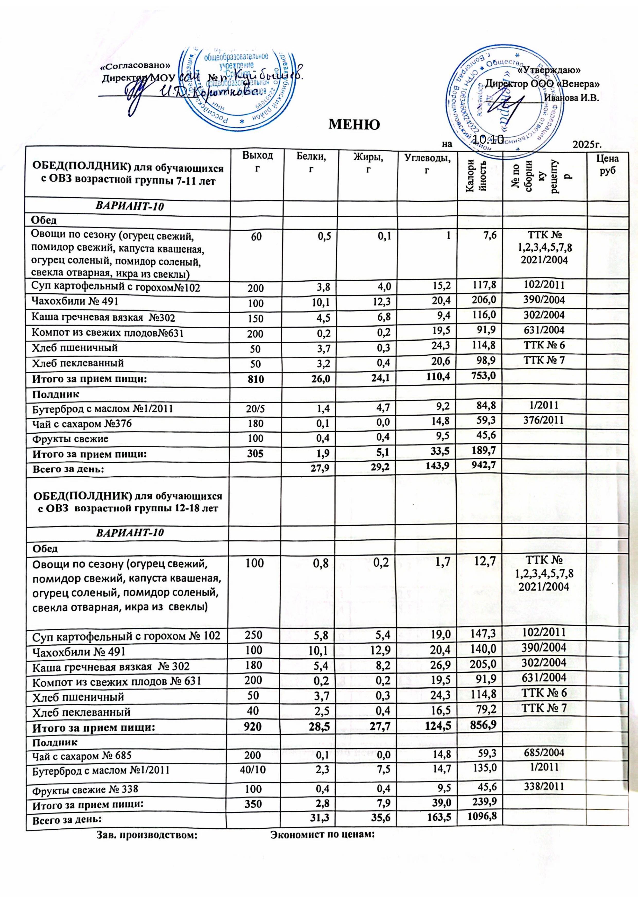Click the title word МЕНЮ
pyautogui.click(x=354, y=124)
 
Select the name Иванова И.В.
pyautogui.click(x=571, y=98)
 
